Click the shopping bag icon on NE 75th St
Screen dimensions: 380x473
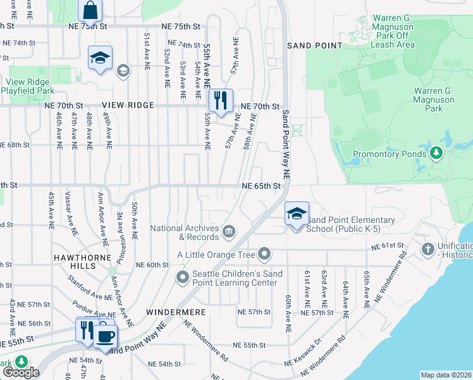(90, 11)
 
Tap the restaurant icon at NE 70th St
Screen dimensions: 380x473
(221, 101)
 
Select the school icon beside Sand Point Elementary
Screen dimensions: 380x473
(297, 214)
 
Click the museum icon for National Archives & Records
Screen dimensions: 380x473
(228, 232)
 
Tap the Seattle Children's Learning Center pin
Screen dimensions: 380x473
(183, 277)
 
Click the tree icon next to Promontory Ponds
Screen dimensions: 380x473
(436, 153)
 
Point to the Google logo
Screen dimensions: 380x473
(21, 372)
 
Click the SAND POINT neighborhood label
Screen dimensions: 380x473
(314, 46)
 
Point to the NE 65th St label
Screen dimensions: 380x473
(261, 186)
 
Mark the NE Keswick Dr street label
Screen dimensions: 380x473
(304, 359)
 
